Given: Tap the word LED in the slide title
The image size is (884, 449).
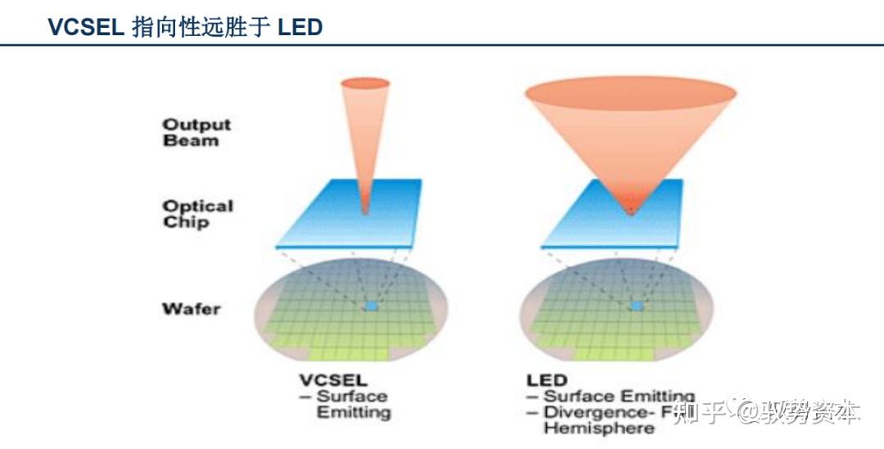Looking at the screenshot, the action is (x=300, y=27).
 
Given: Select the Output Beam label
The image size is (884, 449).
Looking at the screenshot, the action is (x=196, y=132).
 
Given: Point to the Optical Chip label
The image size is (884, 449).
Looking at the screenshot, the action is (x=197, y=214).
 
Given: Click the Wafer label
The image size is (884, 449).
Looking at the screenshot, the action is (x=191, y=309).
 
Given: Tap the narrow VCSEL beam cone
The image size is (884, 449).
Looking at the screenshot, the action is (x=364, y=139).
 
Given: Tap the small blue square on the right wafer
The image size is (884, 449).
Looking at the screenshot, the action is (x=637, y=306).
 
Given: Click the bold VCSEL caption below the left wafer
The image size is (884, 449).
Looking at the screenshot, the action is (x=333, y=380).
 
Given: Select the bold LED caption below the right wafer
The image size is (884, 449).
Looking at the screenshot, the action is (x=547, y=380).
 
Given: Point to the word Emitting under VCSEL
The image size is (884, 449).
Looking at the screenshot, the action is (x=354, y=412).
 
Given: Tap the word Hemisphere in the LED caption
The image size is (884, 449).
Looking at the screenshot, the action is (x=599, y=429).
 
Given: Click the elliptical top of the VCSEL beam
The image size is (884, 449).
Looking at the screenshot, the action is (x=364, y=83).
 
